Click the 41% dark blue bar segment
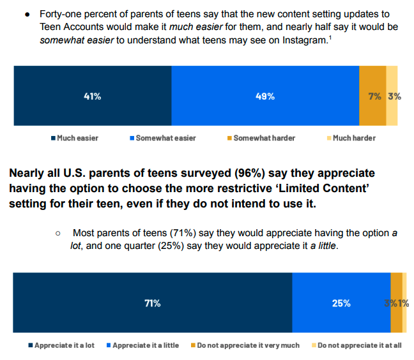pyautogui.click(x=92, y=96)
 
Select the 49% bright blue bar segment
pyautogui.click(x=265, y=96)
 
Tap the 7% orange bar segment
pyautogui.click(x=372, y=96)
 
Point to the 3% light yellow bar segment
pyautogui.click(x=392, y=96)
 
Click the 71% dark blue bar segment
pyautogui.click(x=152, y=303)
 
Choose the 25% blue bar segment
pyautogui.click(x=341, y=303)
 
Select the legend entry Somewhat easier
pyautogui.click(x=162, y=138)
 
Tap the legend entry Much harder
pyautogui.click(x=351, y=138)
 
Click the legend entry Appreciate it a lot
pyautogui.click(x=61, y=345)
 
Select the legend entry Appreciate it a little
pyautogui.click(x=145, y=345)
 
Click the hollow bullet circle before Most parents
pyautogui.click(x=58, y=234)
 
